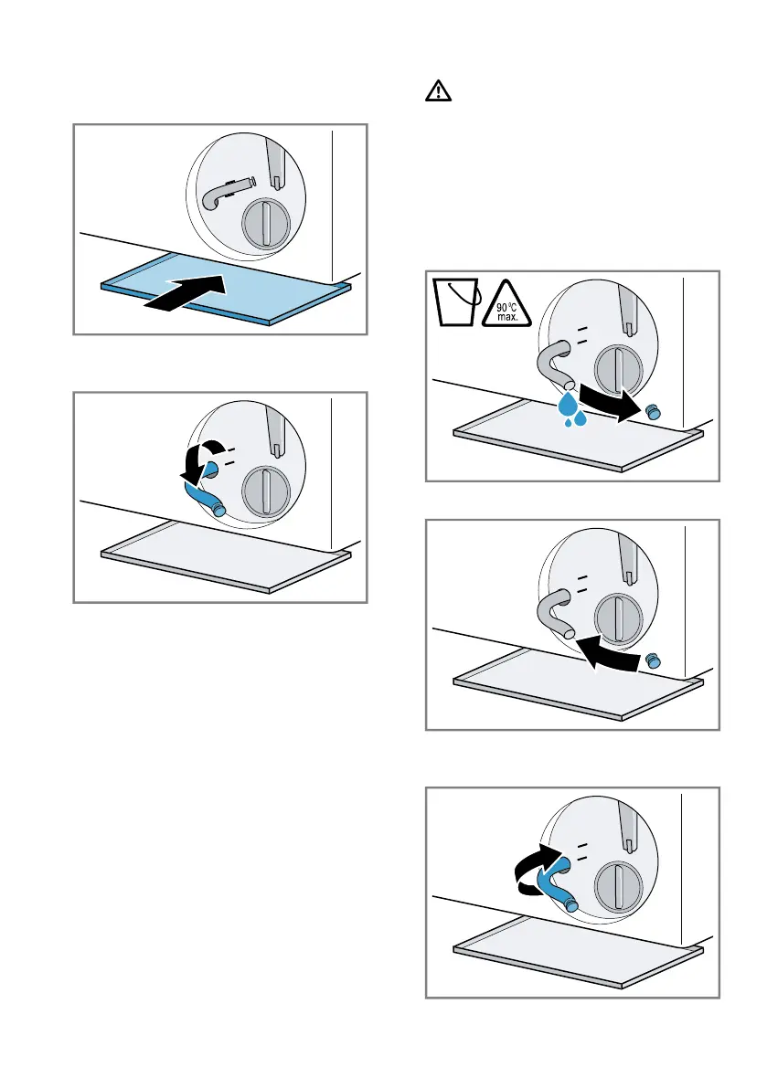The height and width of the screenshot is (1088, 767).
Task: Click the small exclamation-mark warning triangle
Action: tap(436, 91)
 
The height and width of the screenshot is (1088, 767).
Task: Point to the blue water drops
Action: tap(574, 411)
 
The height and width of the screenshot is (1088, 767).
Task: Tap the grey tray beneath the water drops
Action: tap(576, 438)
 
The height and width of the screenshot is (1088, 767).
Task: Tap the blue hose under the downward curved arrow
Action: tap(205, 494)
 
